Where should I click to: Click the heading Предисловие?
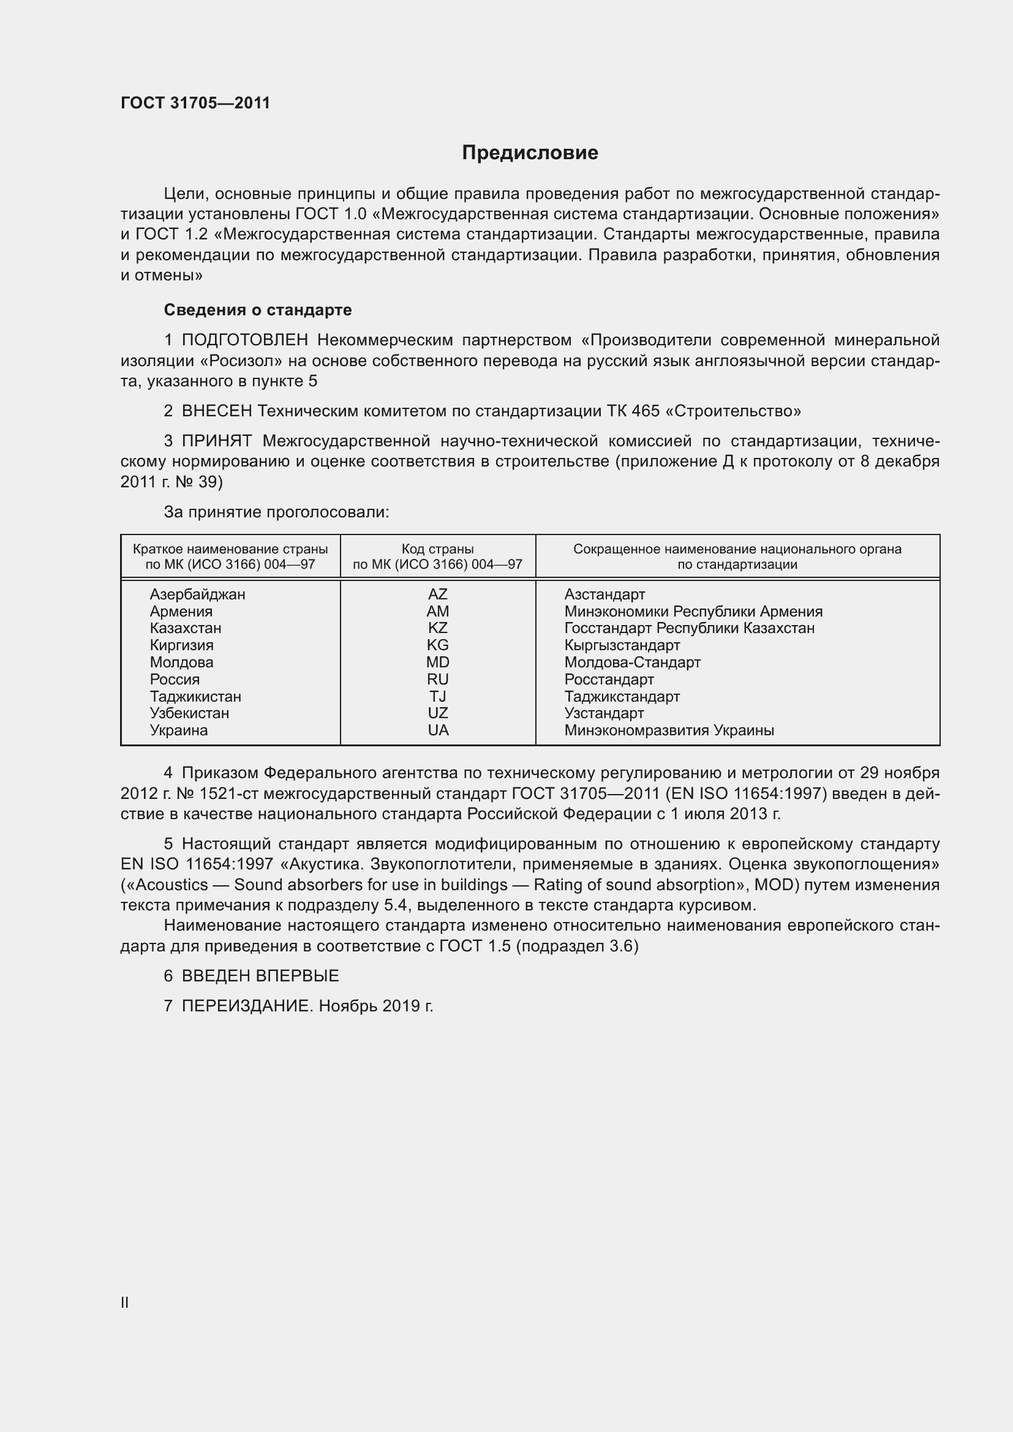tap(530, 153)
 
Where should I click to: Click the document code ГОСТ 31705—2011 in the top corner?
tap(195, 103)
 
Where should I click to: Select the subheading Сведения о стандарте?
tap(258, 310)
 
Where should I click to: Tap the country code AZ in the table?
tap(437, 594)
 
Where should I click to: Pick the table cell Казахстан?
tap(185, 628)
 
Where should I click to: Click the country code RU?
tap(437, 679)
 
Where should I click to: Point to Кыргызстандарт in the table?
tap(622, 645)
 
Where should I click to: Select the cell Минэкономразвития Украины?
tap(669, 730)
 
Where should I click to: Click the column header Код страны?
tap(437, 549)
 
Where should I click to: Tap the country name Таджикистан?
tap(195, 697)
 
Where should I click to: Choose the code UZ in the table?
tap(437, 713)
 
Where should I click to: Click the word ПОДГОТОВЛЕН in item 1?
tap(244, 340)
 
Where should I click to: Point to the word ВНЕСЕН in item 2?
tap(216, 411)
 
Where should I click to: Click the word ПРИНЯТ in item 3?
tap(216, 441)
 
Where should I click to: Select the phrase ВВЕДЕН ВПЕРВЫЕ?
tap(260, 976)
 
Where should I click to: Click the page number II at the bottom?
tap(125, 1302)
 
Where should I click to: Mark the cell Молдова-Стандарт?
tap(632, 662)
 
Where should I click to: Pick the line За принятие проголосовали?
tap(276, 512)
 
